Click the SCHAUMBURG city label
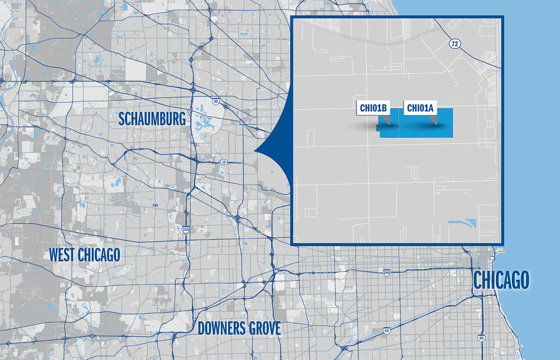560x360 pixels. click(x=152, y=119)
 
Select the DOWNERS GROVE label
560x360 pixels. click(x=239, y=328)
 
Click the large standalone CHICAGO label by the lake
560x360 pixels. click(x=501, y=280)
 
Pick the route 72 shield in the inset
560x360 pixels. click(x=454, y=44)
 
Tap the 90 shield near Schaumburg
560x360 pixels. click(x=216, y=101)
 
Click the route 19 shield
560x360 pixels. click(x=224, y=162)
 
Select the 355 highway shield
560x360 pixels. click(x=186, y=230)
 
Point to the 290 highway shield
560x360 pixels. click(x=386, y=273)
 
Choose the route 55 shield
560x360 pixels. click(x=386, y=331)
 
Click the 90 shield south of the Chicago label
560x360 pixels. click(x=481, y=338)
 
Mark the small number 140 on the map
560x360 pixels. click(x=155, y=205)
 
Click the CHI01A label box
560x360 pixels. click(x=420, y=108)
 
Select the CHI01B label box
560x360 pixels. click(x=373, y=108)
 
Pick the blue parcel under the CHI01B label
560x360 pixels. click(x=389, y=130)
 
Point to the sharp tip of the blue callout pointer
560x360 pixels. click(x=254, y=151)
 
